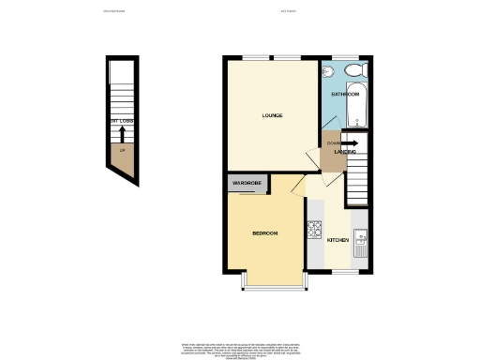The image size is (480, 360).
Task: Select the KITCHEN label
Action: point(337,241)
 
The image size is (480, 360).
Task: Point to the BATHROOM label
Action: point(346,95)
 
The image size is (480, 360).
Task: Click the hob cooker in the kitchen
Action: point(314,227)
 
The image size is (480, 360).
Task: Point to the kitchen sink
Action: point(359,241)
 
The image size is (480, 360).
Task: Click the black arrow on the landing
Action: point(346,142)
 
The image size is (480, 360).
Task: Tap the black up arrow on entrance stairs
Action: point(121,132)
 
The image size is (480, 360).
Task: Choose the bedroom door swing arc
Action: point(296,186)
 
